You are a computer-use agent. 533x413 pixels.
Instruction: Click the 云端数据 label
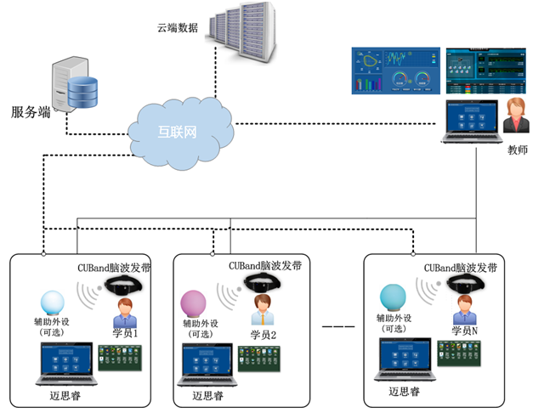[x=178, y=27]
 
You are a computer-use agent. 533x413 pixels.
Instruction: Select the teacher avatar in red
[x=515, y=116]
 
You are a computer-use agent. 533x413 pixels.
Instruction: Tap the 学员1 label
[x=125, y=334]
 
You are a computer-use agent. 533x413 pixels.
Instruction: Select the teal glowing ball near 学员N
[x=393, y=297]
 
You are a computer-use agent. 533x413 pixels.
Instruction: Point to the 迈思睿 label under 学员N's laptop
[x=405, y=392]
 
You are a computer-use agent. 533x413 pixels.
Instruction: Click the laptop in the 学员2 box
[x=206, y=366]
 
